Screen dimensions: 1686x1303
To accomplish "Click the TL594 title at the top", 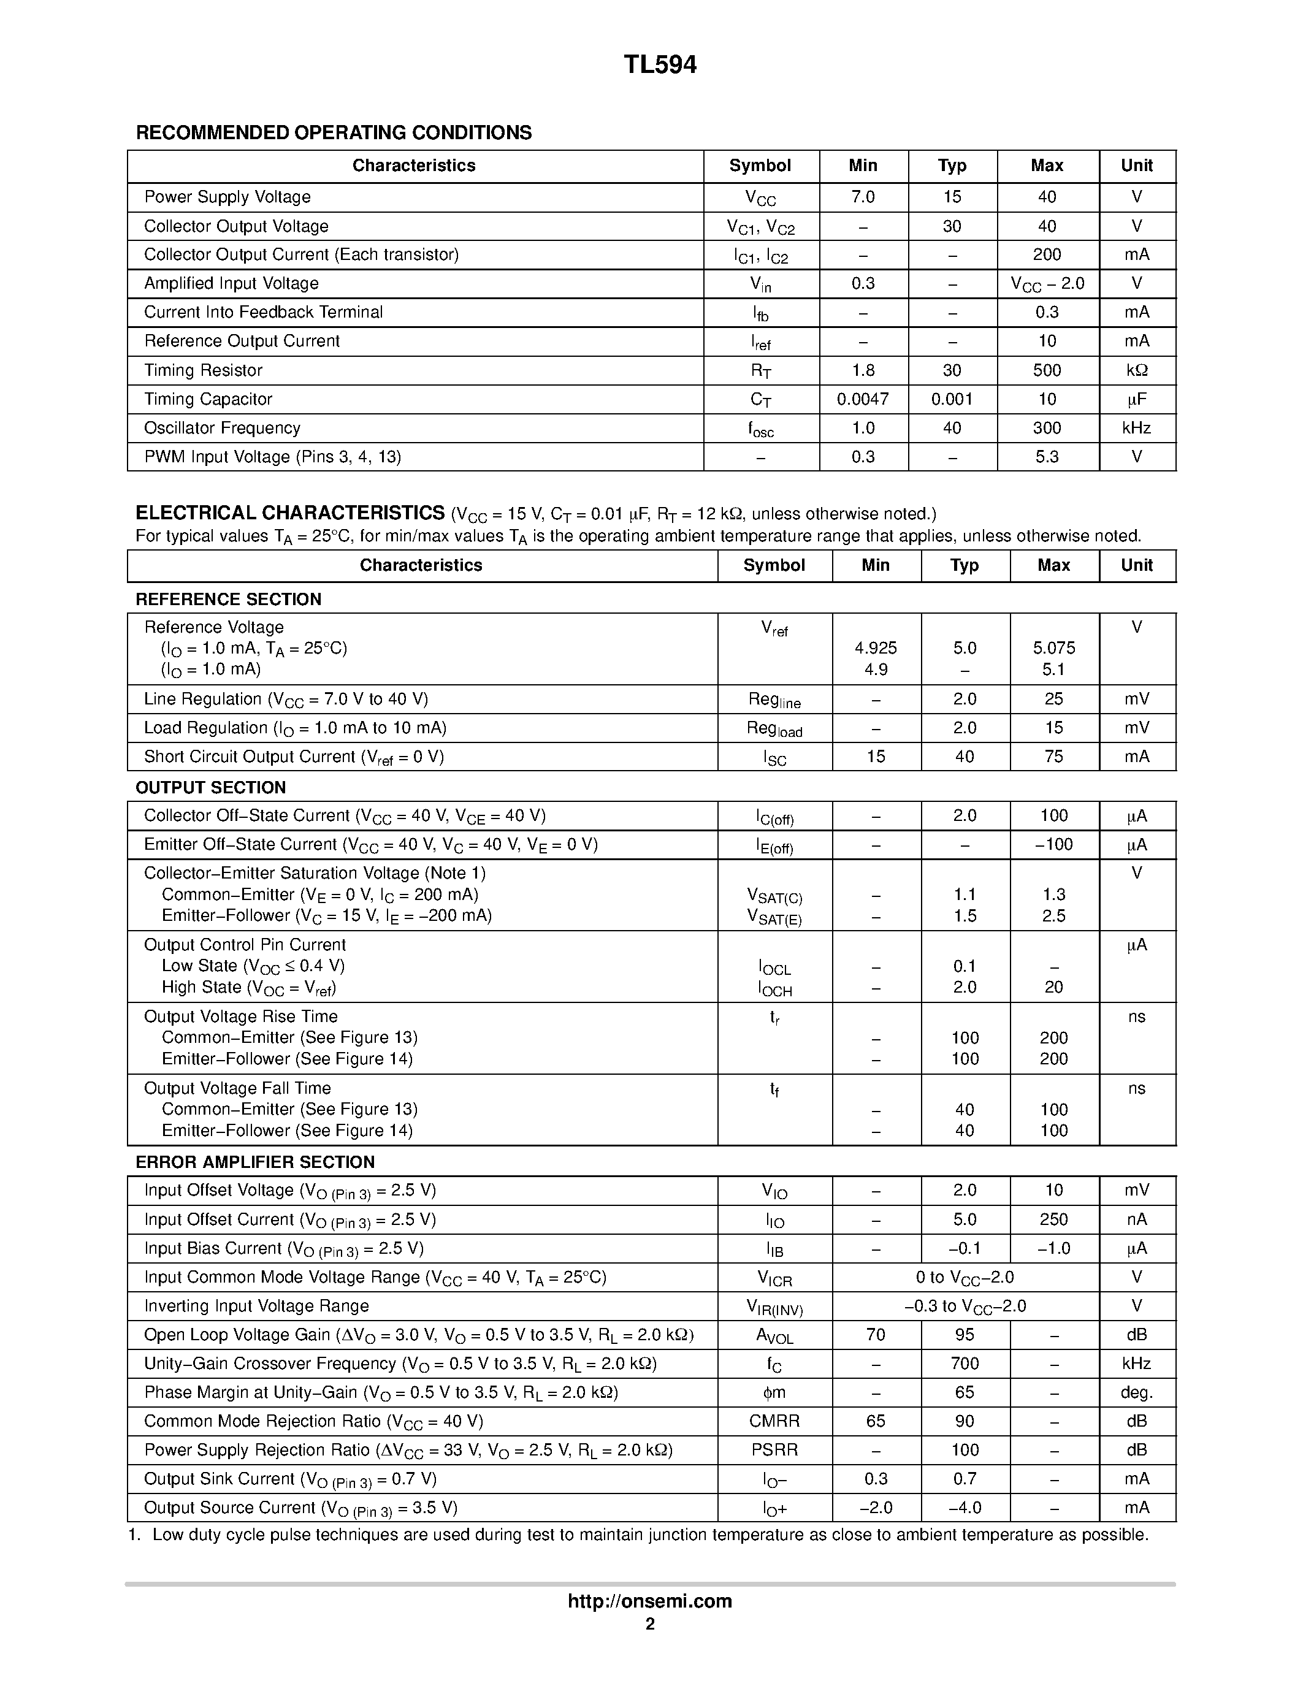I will [x=660, y=66].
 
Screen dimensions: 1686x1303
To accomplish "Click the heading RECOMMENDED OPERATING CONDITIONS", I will [x=334, y=133].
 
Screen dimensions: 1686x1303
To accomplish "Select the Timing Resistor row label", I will [x=203, y=370].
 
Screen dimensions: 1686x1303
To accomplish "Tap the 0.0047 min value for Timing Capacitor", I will [x=863, y=399].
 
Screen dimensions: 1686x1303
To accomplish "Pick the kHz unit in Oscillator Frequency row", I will [x=1136, y=429].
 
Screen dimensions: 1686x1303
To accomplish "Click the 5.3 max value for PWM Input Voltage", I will [x=1047, y=457].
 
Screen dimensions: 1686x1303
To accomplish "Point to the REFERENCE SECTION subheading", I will [x=229, y=600].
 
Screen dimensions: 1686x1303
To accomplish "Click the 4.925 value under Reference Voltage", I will [x=876, y=649].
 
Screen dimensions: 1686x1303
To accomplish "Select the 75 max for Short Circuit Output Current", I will [x=1053, y=757].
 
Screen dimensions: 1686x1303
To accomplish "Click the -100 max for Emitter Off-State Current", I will [x=1053, y=845].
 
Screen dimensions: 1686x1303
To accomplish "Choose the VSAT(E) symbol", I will [x=774, y=917].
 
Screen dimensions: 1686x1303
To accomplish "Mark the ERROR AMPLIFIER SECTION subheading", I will [x=254, y=1162].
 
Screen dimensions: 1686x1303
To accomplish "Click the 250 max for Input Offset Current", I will [x=1053, y=1219].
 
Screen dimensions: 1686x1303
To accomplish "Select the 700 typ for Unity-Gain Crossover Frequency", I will [x=965, y=1364].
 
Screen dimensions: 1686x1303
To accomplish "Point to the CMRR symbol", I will [x=774, y=1421].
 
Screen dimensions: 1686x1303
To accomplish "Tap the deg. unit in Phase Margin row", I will [x=1136, y=1393].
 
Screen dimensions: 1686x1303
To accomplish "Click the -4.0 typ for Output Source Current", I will [x=965, y=1508].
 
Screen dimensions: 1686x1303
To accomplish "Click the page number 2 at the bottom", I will [x=650, y=1624].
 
